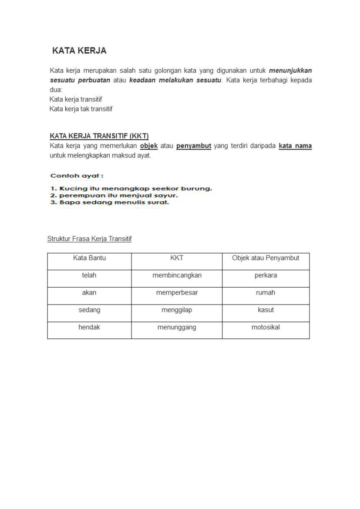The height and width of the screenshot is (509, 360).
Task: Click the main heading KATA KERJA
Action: point(79,51)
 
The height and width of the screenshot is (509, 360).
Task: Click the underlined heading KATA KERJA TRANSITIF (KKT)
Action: point(99,136)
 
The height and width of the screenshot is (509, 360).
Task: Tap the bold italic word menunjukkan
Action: point(290,70)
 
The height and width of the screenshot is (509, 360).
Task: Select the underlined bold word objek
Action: point(149,146)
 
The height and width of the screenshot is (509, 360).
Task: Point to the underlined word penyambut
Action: point(194,146)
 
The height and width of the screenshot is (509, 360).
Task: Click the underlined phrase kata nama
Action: point(295,146)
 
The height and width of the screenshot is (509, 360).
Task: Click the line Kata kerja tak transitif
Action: point(81,109)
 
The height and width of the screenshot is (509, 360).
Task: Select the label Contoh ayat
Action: point(77,176)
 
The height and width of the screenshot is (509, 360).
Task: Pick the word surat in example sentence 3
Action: point(159,202)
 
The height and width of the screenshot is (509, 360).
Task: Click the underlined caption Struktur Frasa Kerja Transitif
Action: point(89,239)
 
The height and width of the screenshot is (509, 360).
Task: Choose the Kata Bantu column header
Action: point(89,258)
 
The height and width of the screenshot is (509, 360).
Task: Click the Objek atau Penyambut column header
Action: point(266,258)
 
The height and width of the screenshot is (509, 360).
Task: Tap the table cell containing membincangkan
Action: point(177,275)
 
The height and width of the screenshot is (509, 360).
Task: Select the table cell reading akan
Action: point(89,293)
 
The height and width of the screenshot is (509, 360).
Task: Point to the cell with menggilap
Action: point(177,310)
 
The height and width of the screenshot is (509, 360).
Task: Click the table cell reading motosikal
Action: point(266,328)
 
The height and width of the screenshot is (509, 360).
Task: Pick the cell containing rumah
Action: point(266,293)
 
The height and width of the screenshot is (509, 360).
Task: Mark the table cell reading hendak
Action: point(89,328)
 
